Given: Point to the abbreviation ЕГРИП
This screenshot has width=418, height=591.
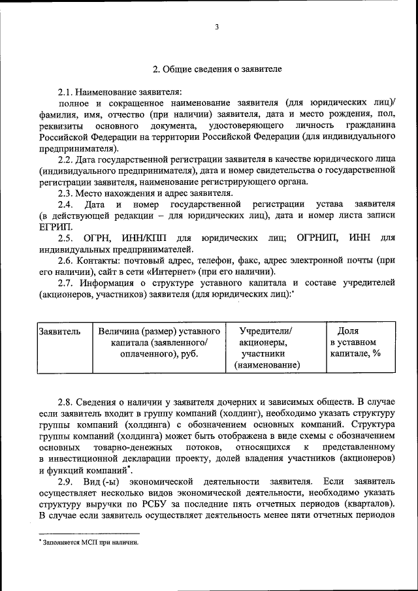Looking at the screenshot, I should coord(53,227).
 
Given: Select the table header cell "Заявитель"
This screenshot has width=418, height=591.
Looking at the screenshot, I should coord(59,331).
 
